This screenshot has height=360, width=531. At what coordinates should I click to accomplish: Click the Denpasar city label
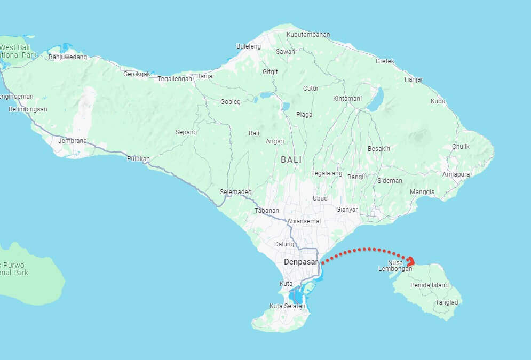coord(301,262)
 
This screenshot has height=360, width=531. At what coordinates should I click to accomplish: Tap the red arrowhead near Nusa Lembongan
coord(411,261)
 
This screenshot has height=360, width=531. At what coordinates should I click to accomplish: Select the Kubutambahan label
coord(308,35)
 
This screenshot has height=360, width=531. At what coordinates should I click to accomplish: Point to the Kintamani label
coord(347,99)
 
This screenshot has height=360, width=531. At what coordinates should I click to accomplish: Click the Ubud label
coord(320,198)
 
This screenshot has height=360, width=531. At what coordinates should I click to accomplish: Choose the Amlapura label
coord(456,174)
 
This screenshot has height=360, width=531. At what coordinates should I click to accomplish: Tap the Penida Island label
coord(430,285)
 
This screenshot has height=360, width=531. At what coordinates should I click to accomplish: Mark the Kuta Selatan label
coord(287,306)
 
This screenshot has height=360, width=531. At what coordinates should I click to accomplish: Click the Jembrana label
coord(72,140)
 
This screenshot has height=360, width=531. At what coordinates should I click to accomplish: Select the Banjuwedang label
coord(67,57)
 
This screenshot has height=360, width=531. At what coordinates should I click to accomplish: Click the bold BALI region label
coord(291,159)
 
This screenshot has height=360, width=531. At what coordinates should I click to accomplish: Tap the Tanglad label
coord(447,302)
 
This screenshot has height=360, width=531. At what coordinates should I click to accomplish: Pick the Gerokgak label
coord(137,74)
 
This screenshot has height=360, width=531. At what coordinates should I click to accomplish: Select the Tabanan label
coord(267,211)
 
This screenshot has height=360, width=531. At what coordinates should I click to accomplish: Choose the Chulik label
coord(461,147)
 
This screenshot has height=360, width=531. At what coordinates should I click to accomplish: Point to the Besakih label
coord(379,148)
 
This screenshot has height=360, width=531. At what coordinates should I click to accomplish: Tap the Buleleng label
coord(249,46)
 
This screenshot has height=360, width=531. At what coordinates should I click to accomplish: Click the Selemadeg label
coord(235,192)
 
